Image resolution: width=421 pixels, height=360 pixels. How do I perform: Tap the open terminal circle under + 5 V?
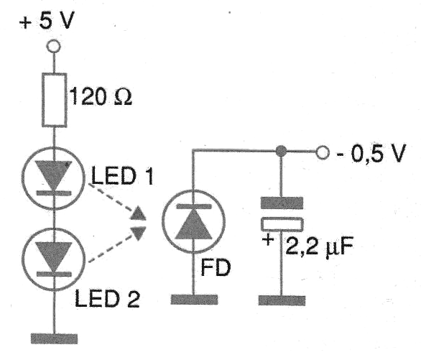[52, 47]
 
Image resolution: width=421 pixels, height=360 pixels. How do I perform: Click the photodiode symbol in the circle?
[194, 223]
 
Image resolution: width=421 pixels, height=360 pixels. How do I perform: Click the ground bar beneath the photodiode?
[194, 297]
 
